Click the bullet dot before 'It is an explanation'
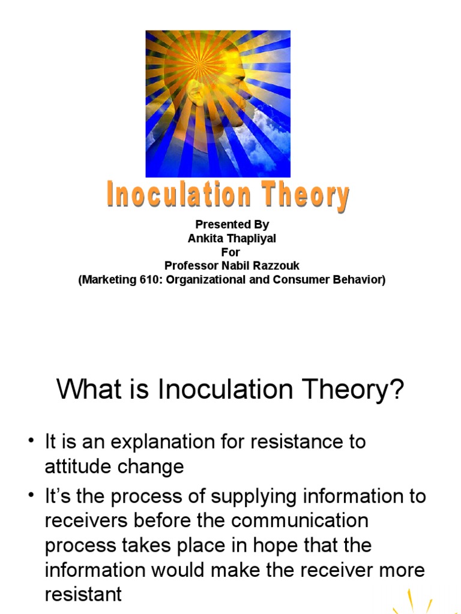tap(31, 442)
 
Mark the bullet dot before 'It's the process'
tap(31, 496)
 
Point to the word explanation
tap(166, 443)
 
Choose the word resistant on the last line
tap(83, 594)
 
